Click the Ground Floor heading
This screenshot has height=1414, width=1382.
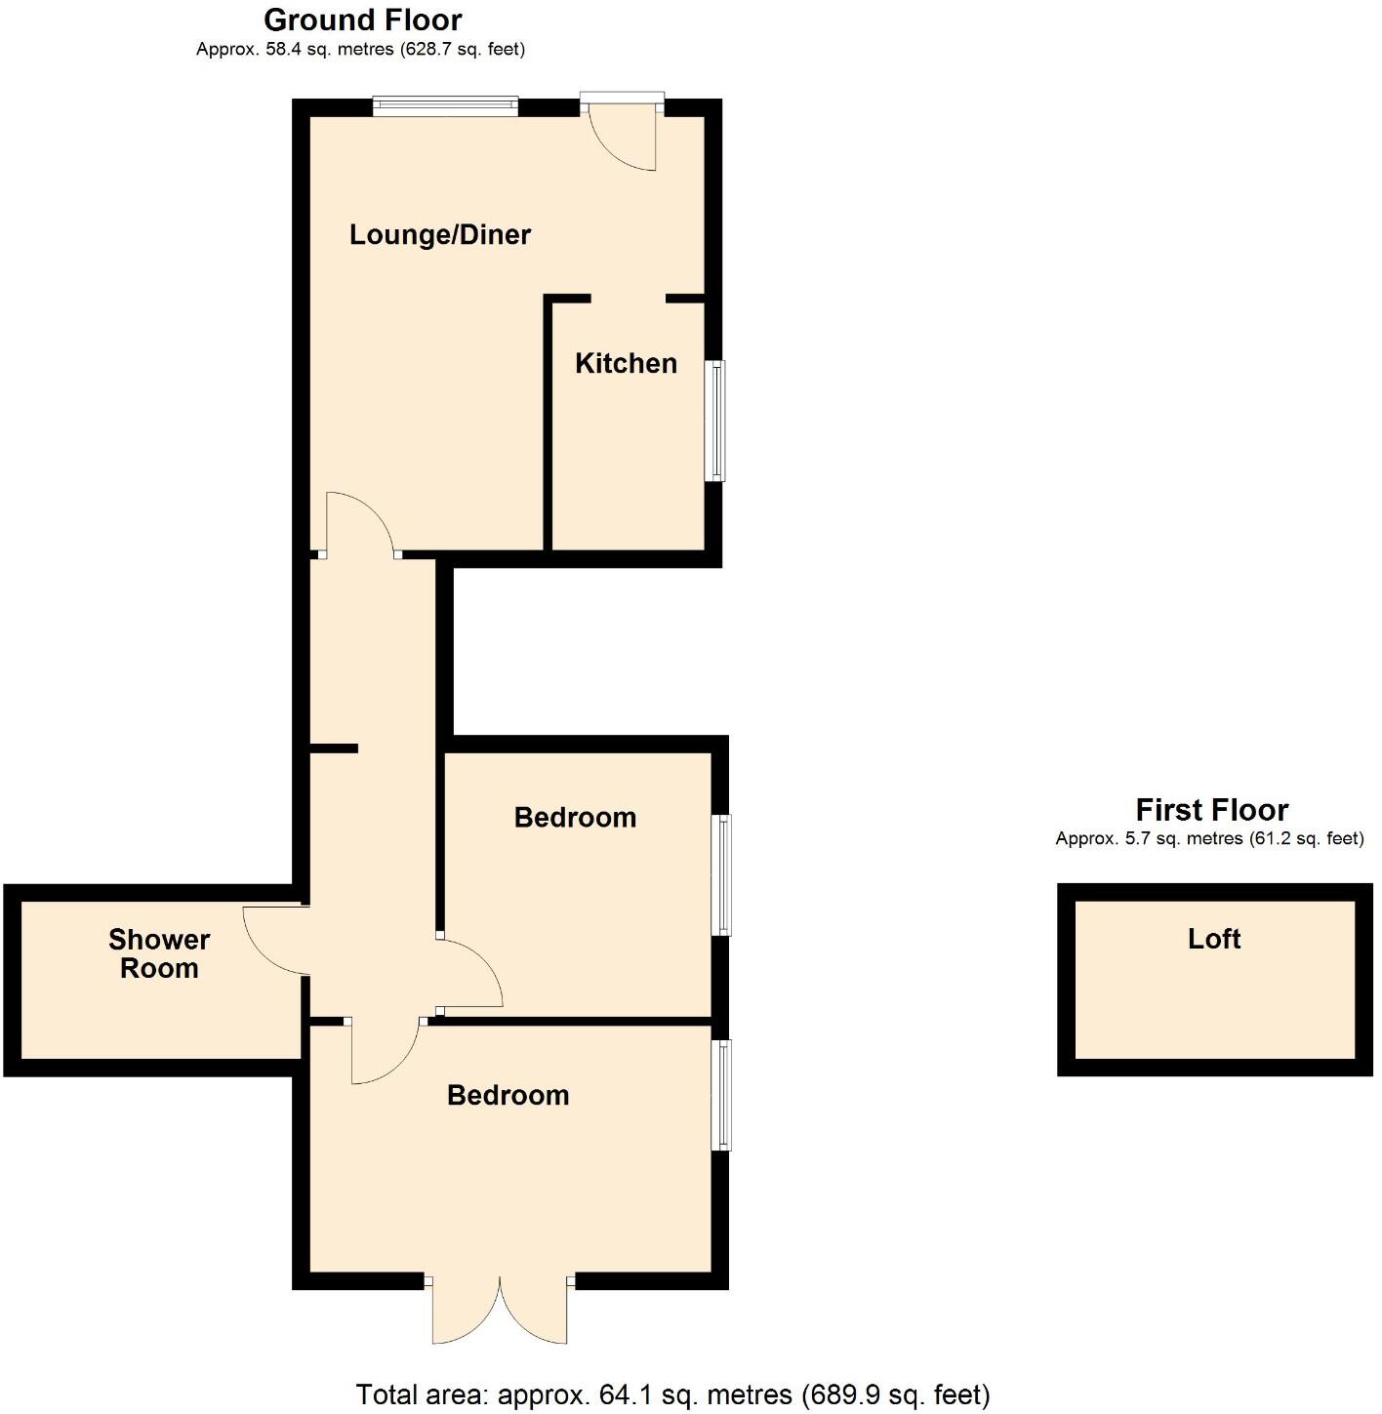[362, 20]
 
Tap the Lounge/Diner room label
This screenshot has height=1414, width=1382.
[440, 235]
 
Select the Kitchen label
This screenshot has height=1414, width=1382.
[626, 364]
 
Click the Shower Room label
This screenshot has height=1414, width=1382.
[159, 953]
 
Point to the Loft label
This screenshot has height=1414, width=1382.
[1214, 939]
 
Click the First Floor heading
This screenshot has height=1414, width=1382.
[1211, 810]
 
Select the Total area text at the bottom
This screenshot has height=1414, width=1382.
[672, 1394]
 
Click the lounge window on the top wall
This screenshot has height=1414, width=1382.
[444, 106]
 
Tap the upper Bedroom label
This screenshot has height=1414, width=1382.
[575, 818]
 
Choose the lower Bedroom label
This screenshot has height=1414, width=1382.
[508, 1095]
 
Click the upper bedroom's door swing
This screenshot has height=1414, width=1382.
[471, 972]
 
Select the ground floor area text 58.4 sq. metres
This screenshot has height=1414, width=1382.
[360, 49]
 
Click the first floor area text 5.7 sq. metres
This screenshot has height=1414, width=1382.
[1209, 838]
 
